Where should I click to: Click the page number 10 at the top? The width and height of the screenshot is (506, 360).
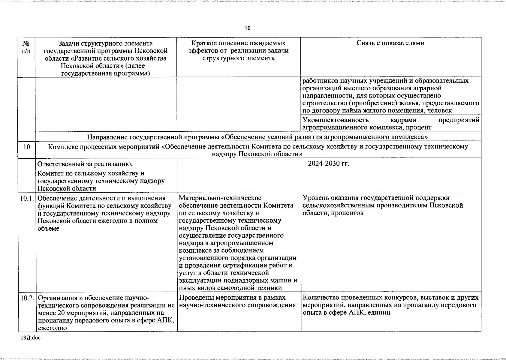248,28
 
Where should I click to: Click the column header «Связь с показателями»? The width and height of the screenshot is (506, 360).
390,43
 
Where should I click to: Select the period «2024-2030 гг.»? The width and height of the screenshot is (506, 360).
329,164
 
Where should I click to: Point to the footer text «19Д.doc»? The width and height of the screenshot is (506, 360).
30,338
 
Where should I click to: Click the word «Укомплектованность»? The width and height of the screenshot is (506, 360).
335,120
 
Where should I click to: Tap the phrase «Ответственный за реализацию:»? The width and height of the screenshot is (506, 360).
85,164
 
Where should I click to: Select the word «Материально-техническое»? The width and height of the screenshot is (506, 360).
220,198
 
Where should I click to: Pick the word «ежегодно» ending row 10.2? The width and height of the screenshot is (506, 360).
52,328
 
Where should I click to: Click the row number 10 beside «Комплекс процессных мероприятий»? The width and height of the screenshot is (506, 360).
26,147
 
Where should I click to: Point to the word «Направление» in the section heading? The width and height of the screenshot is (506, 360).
107,137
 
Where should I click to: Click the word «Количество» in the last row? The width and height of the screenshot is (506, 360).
320,298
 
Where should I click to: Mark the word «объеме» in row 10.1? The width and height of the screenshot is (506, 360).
48,228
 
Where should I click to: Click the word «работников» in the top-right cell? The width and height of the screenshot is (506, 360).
320,81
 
